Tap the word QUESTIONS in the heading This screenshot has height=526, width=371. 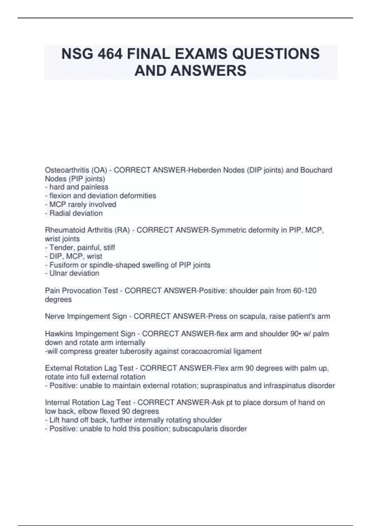(x=276, y=54)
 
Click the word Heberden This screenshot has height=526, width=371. (x=205, y=170)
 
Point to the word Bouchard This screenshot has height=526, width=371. (x=316, y=170)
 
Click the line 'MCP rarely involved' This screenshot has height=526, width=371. (x=81, y=205)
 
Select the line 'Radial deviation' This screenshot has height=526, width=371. (x=74, y=213)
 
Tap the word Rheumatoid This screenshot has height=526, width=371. (x=63, y=230)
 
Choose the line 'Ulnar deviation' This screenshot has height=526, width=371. (x=72, y=273)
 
